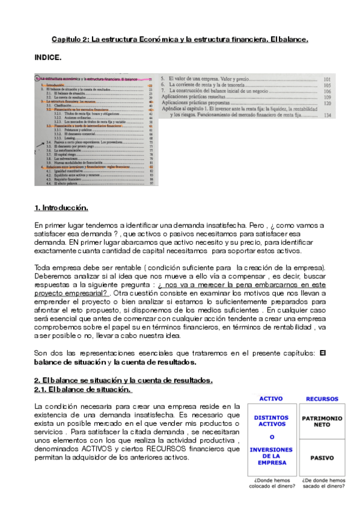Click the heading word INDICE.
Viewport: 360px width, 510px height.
[48, 58]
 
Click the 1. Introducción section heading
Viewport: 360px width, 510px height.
[61, 208]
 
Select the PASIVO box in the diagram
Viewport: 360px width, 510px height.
[322, 458]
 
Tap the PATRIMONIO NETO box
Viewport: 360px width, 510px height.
[322, 421]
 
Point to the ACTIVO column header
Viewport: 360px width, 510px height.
[271, 399]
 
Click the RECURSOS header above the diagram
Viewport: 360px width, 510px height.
[322, 399]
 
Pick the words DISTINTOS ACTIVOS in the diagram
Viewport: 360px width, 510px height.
[272, 421]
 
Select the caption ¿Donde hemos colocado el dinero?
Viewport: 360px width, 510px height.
[272, 482]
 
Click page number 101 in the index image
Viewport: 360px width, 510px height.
[328, 79]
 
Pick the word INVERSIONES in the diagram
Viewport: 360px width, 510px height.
[272, 449]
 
